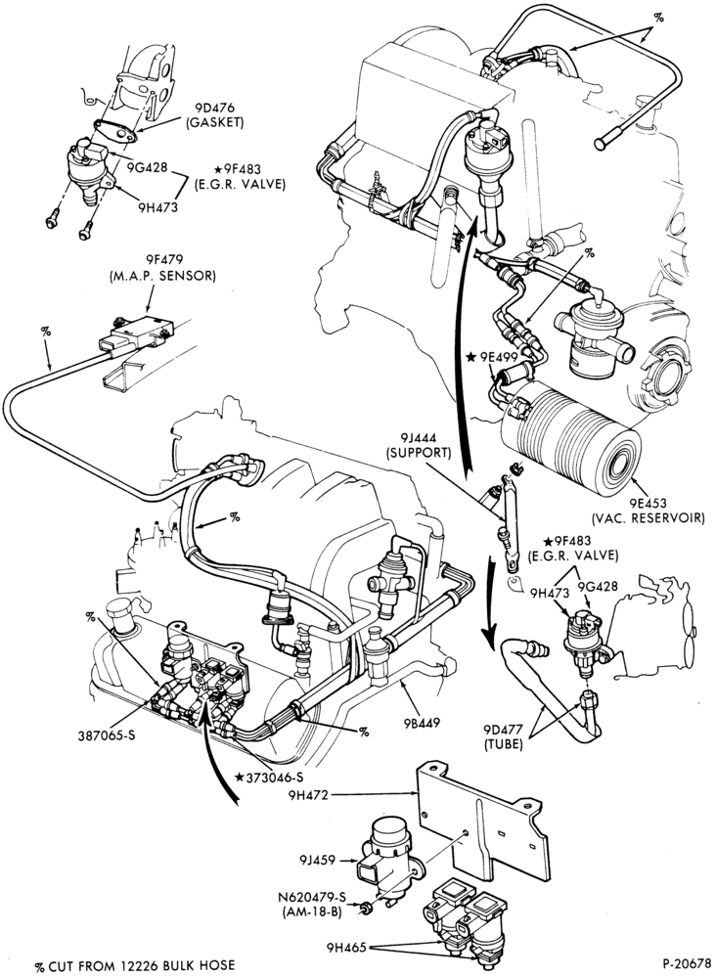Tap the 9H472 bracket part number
tap(309, 795)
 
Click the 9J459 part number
tap(318, 861)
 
